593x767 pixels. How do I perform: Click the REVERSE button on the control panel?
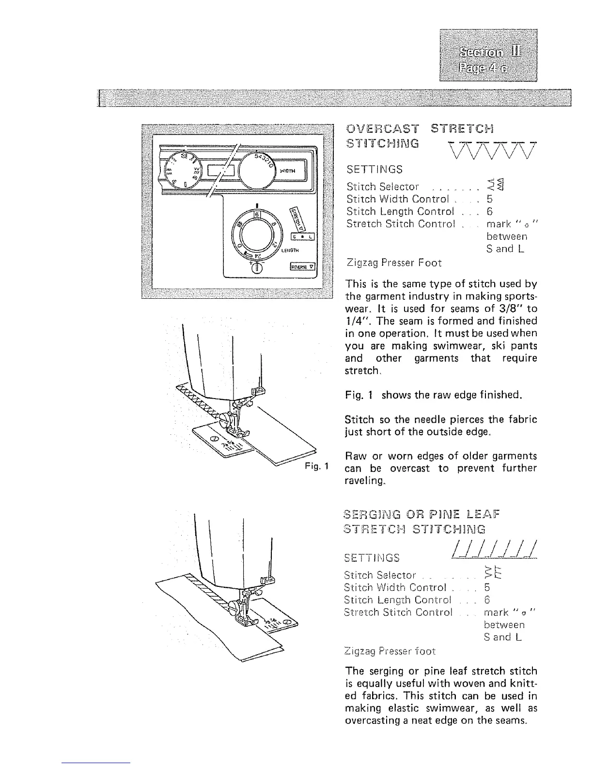pos(303,266)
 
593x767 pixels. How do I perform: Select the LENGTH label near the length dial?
pos(291,250)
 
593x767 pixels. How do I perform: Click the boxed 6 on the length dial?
pos(258,214)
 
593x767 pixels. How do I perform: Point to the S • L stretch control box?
pos(303,236)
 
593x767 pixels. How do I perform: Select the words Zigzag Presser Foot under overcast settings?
pos(394,263)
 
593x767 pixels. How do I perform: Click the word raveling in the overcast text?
pos(362,481)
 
